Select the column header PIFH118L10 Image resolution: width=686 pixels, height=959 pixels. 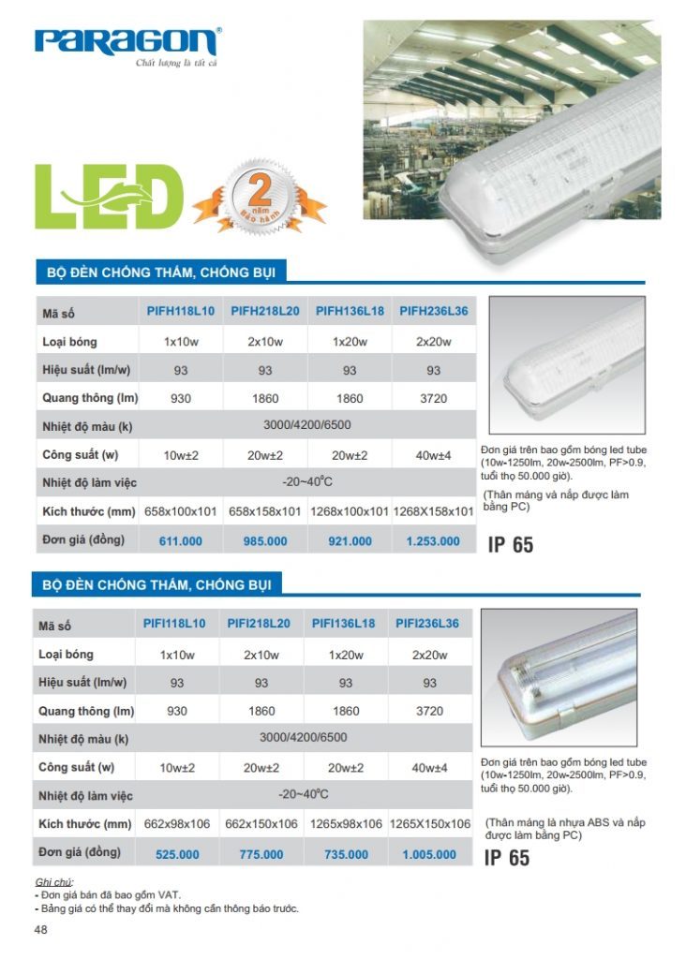coord(181,311)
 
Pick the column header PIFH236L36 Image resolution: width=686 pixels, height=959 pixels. coord(433,311)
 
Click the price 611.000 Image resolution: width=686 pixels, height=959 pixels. coord(181,541)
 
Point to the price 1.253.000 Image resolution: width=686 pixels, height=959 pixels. coord(433,541)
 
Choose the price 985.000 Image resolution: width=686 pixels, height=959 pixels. coord(265,541)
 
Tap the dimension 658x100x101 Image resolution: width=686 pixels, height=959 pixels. coord(181,511)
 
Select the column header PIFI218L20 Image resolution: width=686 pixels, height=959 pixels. coord(261,624)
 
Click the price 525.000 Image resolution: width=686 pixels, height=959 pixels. coord(177,854)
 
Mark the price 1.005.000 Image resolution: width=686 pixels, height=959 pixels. coord(429,854)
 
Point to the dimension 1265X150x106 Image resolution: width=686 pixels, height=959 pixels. coord(429,824)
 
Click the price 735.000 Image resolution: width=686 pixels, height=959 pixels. coord(346,854)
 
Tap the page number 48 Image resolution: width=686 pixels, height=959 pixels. coord(40,930)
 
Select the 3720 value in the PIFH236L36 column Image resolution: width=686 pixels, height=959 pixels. coord(433,399)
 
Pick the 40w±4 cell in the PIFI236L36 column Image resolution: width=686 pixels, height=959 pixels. coord(429,768)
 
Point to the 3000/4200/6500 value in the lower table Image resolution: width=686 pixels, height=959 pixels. coord(303,738)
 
